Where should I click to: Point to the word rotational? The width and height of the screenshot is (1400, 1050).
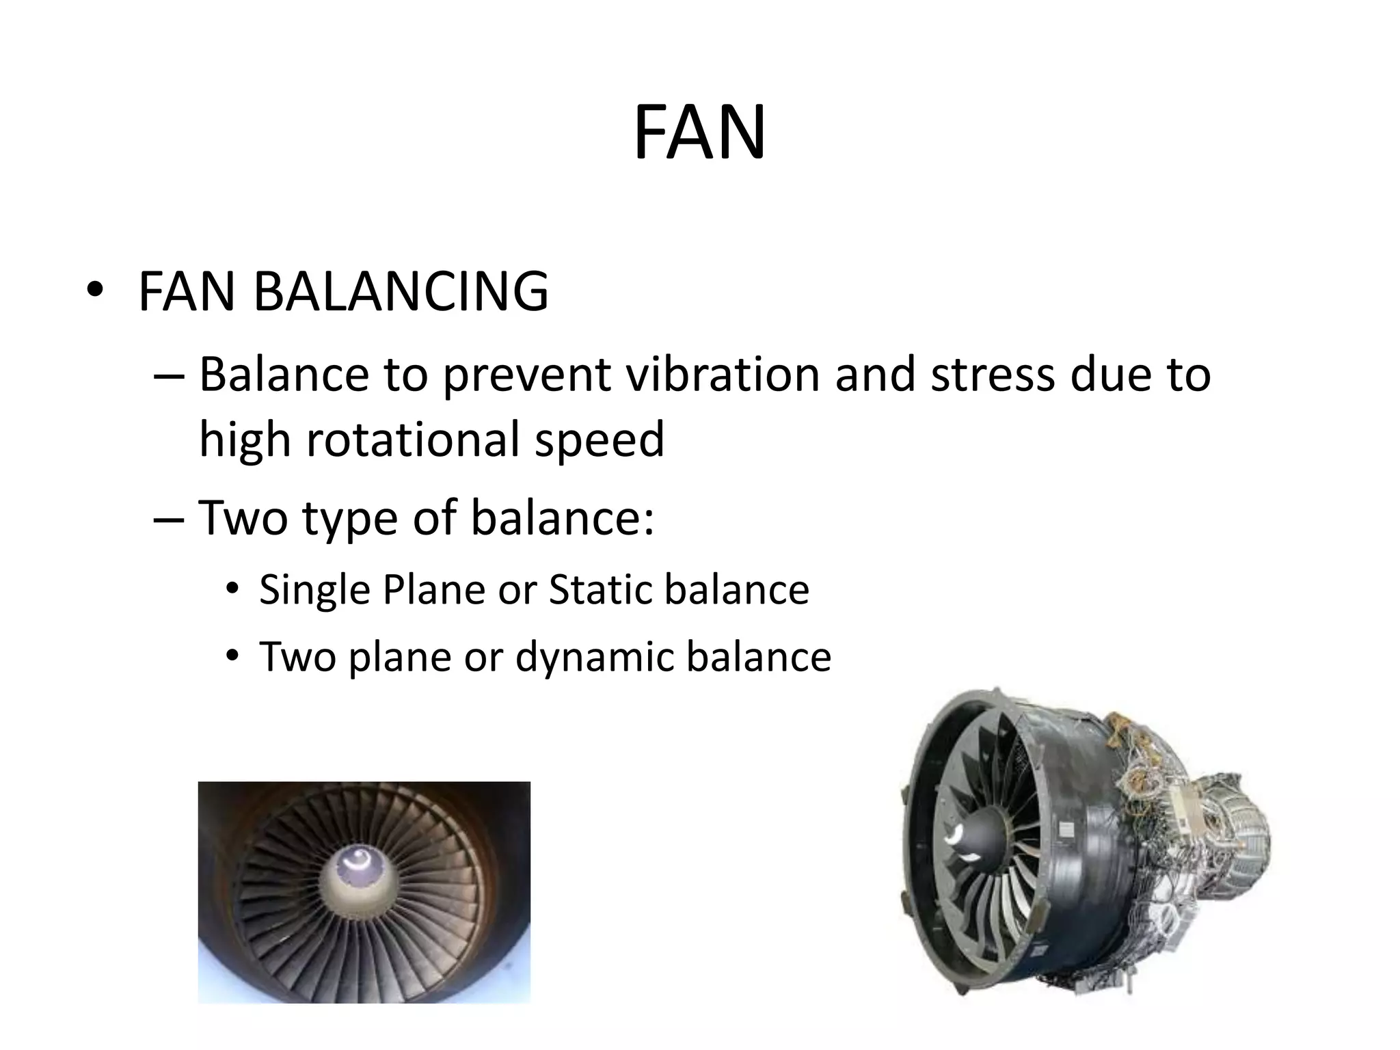click(414, 439)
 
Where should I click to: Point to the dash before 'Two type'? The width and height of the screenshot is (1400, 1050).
click(169, 517)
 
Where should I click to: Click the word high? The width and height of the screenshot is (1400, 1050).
click(245, 440)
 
